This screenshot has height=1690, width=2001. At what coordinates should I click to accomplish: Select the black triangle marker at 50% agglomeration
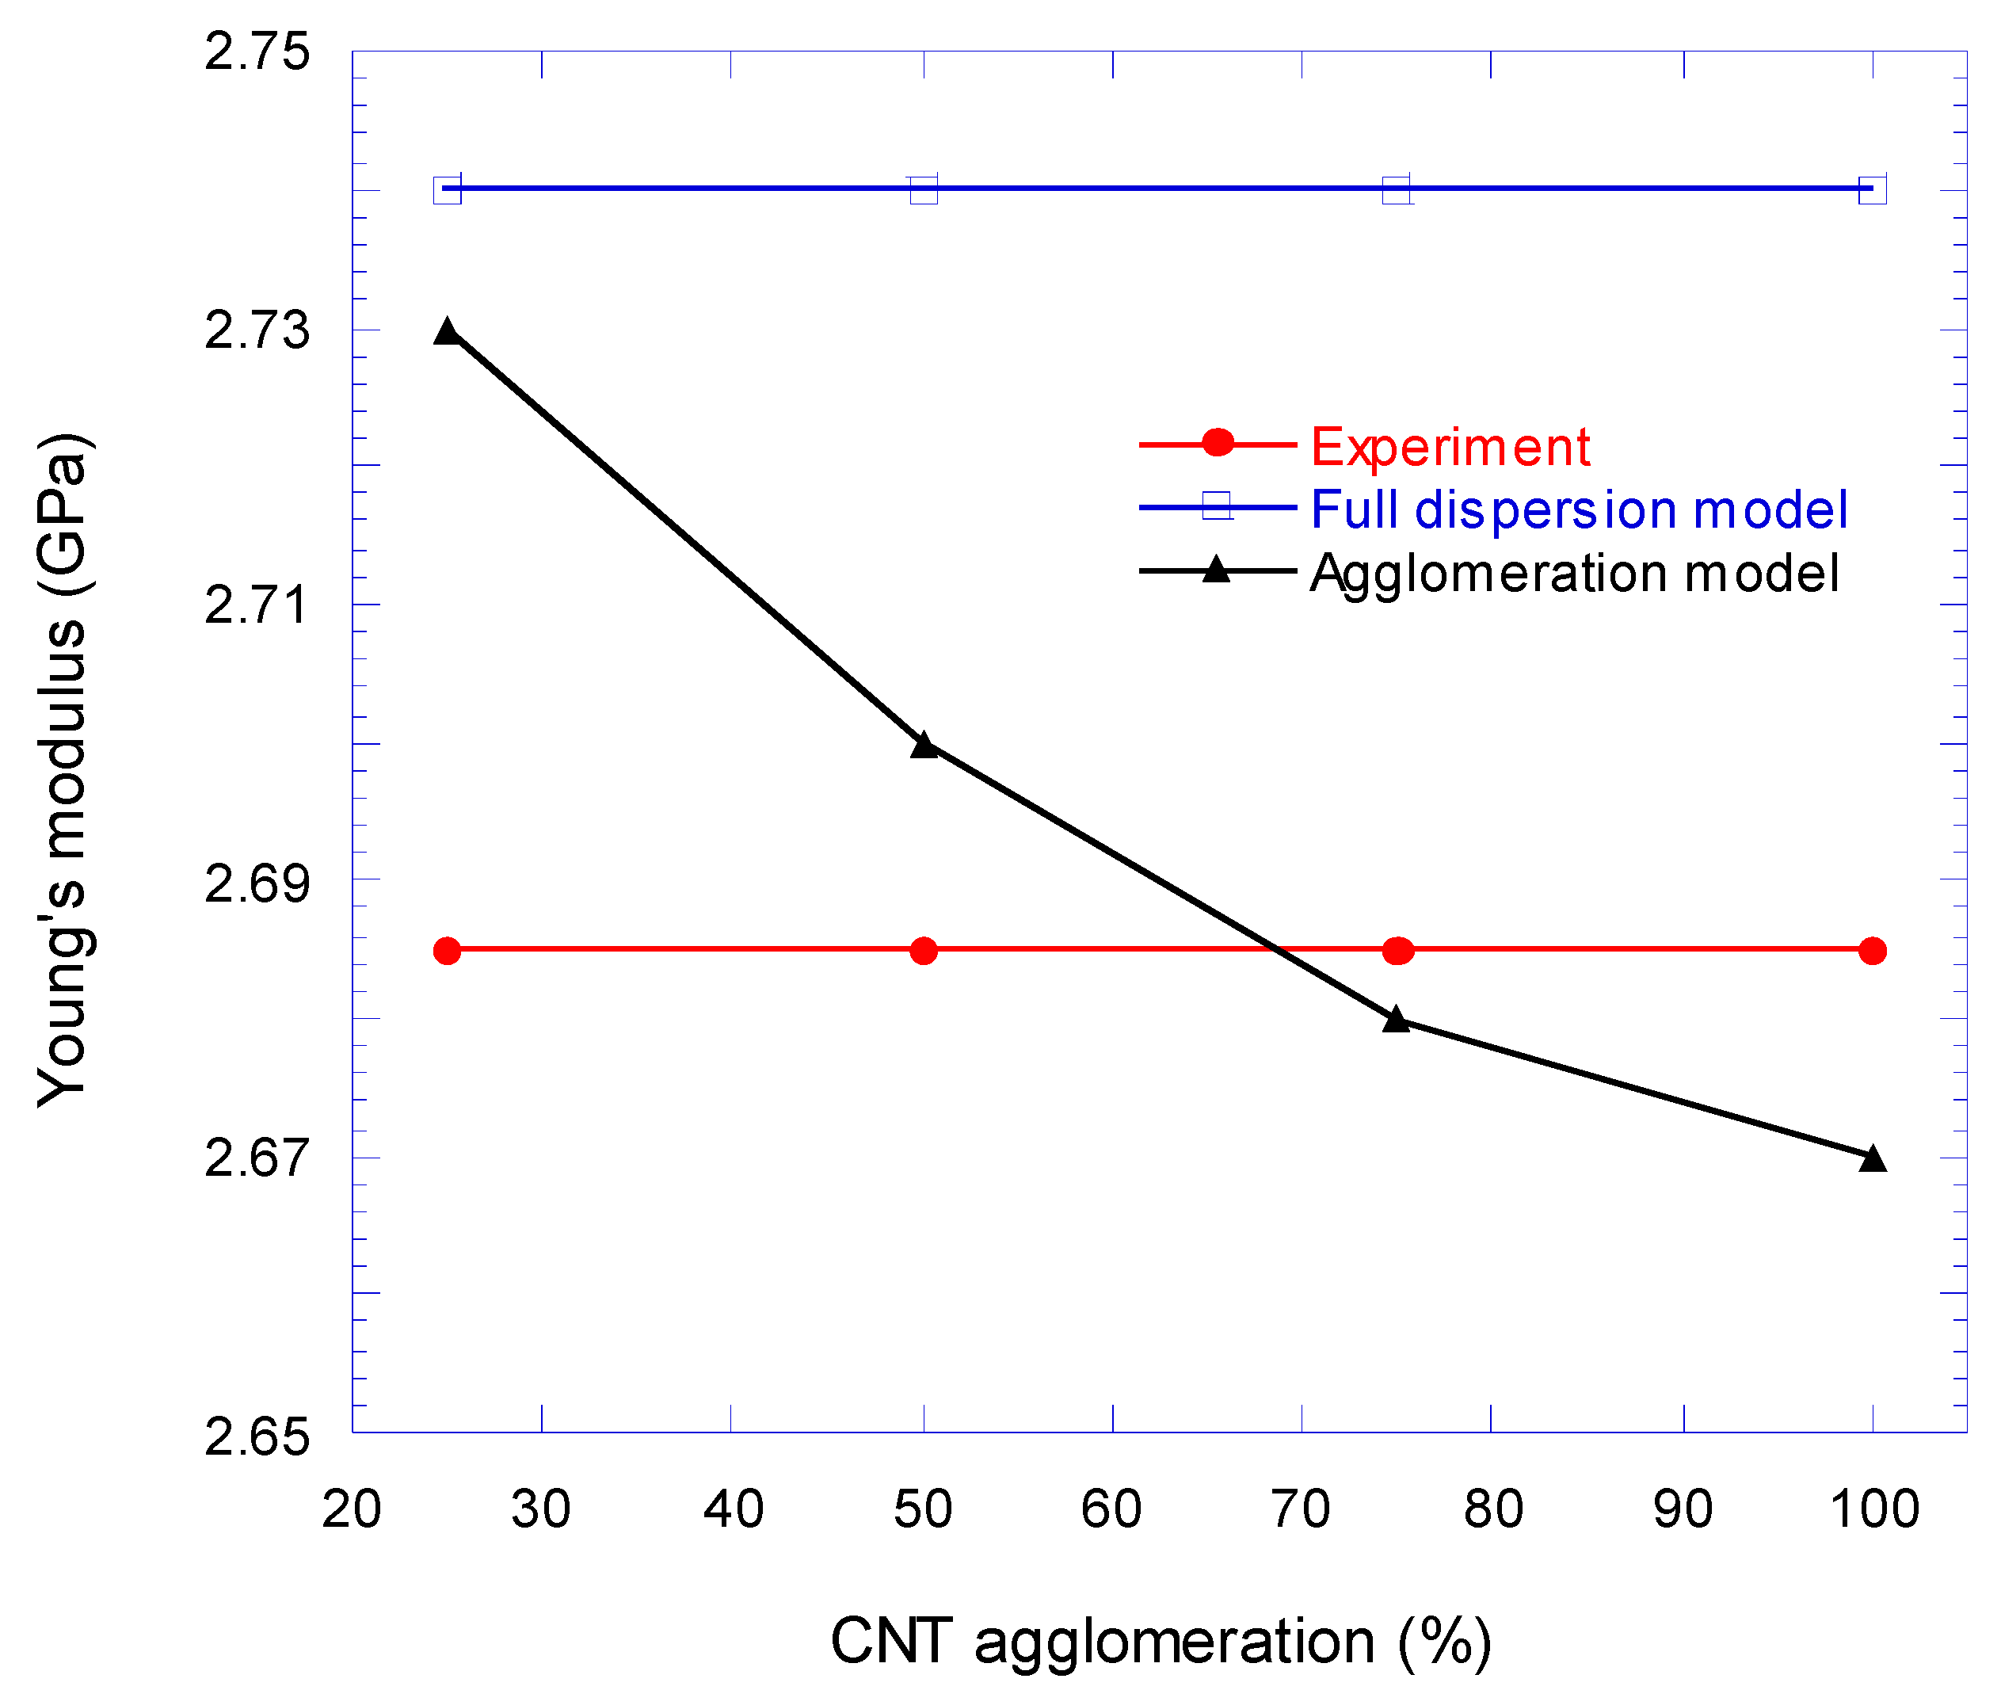pos(924,746)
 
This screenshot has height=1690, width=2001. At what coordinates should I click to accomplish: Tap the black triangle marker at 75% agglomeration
pos(1397,1020)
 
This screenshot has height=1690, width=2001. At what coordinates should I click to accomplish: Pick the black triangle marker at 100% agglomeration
pos(1872,1158)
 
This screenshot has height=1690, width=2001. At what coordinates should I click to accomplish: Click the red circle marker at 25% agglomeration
pos(446,951)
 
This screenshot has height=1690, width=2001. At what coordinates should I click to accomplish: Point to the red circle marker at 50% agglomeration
pos(924,951)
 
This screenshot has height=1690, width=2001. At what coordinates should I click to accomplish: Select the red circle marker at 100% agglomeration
pos(1872,951)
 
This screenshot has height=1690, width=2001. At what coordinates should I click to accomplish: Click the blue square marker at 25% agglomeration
pos(446,189)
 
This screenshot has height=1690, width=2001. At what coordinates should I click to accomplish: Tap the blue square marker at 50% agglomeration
pos(924,189)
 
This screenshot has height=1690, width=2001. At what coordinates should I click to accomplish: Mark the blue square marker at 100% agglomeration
pos(1872,189)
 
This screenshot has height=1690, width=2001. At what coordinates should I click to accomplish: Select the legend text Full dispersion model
pos(1578,509)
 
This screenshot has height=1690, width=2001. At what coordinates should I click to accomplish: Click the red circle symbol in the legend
pos(1217,443)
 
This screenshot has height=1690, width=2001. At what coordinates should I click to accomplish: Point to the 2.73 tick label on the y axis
pos(257,330)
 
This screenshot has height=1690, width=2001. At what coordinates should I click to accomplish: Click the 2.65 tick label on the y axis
pos(257,1437)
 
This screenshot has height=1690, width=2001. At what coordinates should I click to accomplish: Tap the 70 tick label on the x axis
pos(1300,1509)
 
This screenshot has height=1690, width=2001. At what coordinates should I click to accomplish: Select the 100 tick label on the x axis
pos(1873,1509)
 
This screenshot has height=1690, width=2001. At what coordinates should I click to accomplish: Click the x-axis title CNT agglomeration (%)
pos(1160,1641)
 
